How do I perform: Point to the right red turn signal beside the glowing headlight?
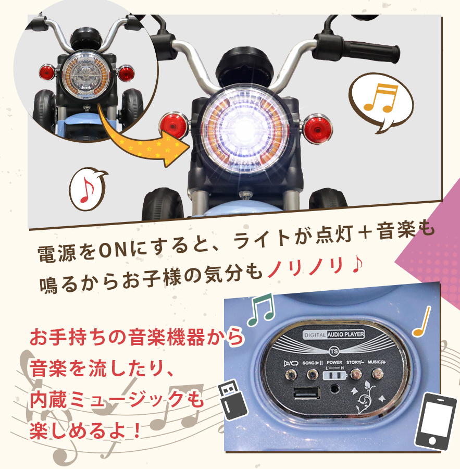pyautogui.click(x=318, y=129)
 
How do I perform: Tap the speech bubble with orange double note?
pyautogui.click(x=381, y=102)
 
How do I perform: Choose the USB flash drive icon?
pyautogui.click(x=232, y=399)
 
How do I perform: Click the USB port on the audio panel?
pyautogui.click(x=306, y=393)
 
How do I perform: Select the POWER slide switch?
pyautogui.click(x=334, y=375)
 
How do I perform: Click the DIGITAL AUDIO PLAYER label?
pyautogui.click(x=334, y=335)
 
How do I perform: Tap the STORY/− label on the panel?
pyautogui.click(x=355, y=362)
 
